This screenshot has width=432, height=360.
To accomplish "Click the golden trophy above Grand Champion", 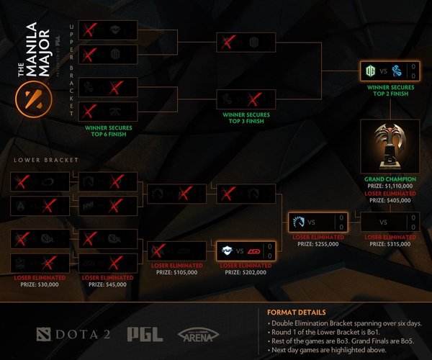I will point(390,148).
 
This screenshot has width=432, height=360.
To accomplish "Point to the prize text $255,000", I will point(318,243).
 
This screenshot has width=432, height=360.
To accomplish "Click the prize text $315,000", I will point(390,243).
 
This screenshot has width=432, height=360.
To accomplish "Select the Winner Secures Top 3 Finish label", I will point(246,116).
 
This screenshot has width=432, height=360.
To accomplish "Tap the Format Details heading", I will point(296,312).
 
